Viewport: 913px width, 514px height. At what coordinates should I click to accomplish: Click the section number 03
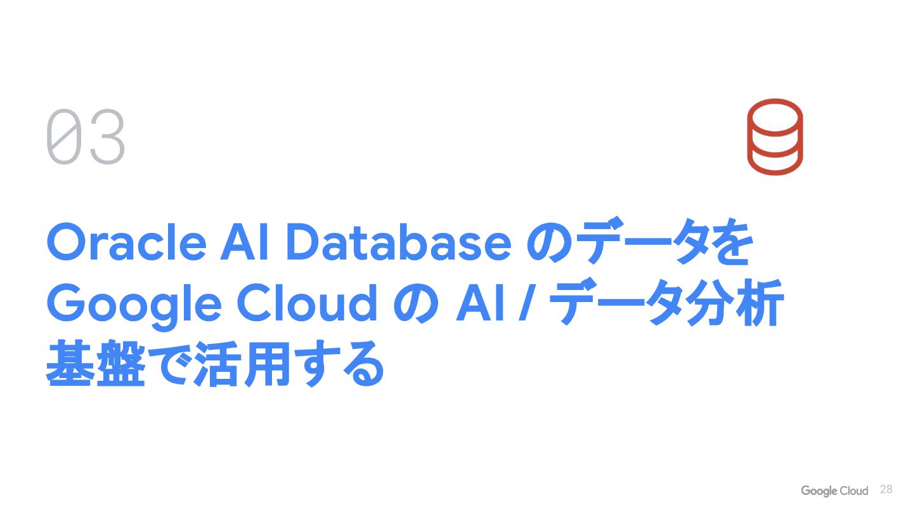pos(86,138)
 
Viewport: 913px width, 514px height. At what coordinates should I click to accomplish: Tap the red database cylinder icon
pos(774,136)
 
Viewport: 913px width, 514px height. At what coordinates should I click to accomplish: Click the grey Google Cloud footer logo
pos(834,491)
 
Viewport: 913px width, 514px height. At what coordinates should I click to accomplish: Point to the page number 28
pos(886,489)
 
